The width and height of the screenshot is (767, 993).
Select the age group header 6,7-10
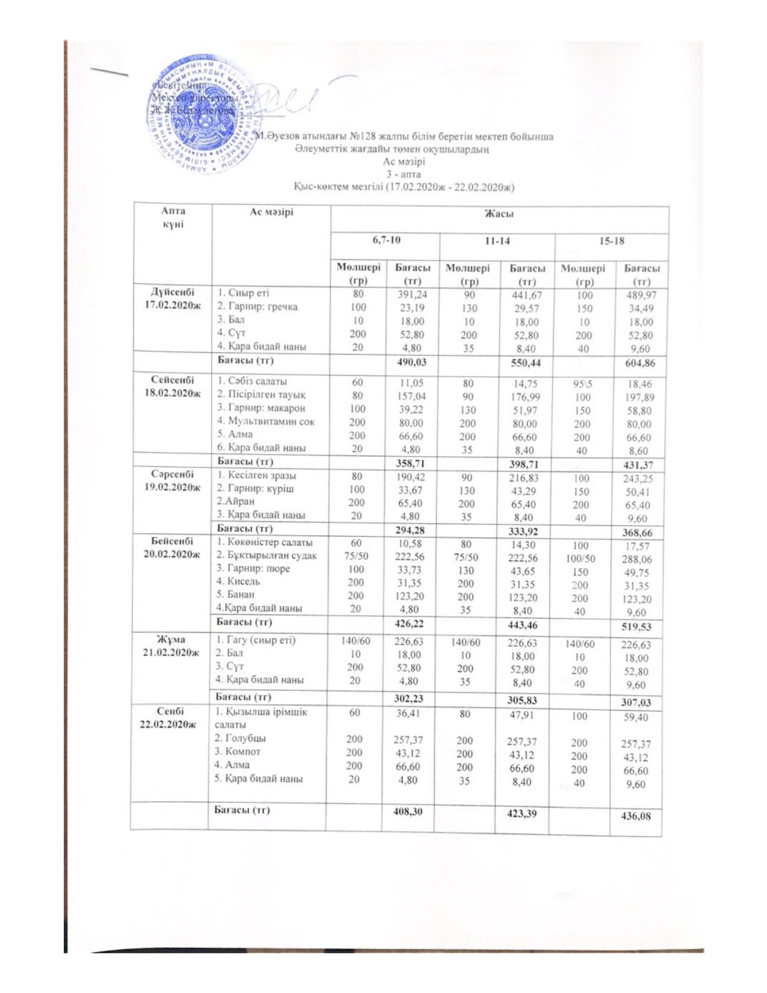pos(386,240)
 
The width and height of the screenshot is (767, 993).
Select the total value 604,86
pos(639,363)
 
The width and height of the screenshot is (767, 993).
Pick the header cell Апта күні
pos(173,217)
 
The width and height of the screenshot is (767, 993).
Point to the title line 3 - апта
pos(404,175)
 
